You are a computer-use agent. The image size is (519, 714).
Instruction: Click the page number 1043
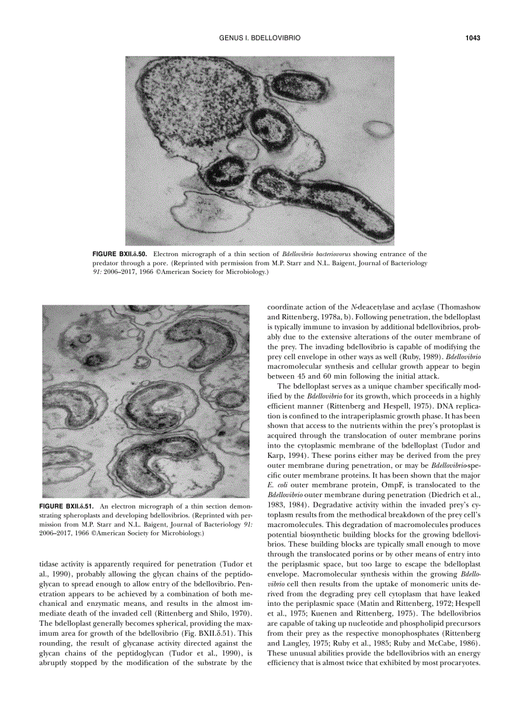pos(471,38)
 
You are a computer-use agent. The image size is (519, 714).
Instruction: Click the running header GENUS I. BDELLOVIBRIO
pos(259,38)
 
